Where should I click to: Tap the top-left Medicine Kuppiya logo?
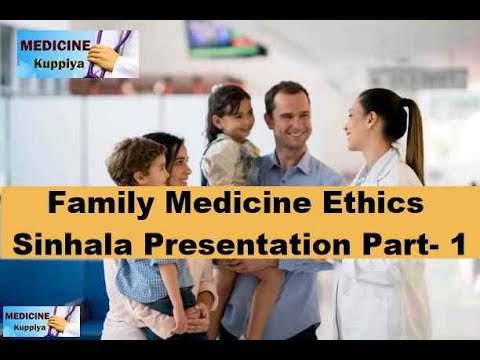77,53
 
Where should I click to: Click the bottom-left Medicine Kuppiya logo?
41,321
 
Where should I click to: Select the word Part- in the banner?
395,242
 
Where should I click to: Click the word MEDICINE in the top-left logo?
55,44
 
